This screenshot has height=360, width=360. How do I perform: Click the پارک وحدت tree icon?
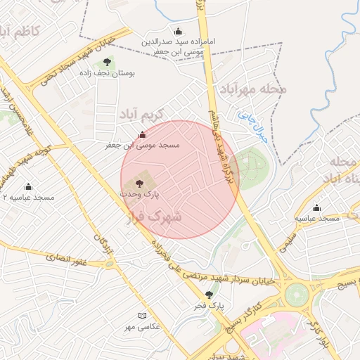coord(139,183)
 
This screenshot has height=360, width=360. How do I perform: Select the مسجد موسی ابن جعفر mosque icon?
coord(143,134)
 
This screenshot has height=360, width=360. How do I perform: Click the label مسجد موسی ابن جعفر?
coord(143,145)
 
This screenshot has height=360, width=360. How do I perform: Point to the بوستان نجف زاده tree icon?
coord(108,63)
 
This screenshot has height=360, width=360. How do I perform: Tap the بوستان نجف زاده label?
coord(108,73)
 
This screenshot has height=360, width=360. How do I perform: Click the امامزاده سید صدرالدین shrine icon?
coord(178,31)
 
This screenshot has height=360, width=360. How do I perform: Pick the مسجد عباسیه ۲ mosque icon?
coord(28,187)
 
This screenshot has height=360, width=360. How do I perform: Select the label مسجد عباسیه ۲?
coord(28,198)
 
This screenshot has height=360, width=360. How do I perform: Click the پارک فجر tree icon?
coord(208,295)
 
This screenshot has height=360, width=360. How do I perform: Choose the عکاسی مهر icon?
coord(143,316)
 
